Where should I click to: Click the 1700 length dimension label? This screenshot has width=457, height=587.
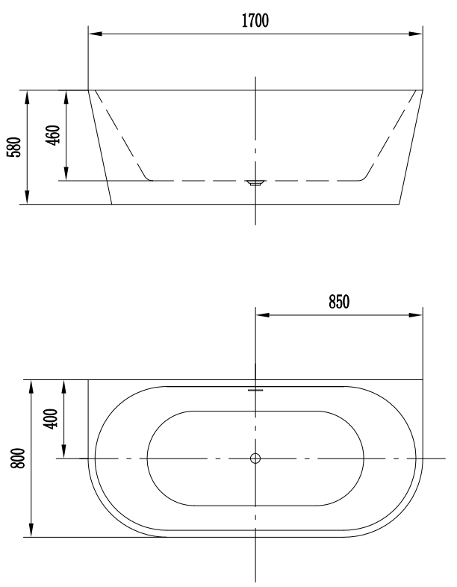[x=255, y=21]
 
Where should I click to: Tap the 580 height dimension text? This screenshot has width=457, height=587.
[x=15, y=147]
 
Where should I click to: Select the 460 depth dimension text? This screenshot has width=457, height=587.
[x=53, y=135]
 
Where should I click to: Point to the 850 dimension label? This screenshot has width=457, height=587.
[x=339, y=302]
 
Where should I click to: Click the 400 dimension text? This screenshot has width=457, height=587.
[x=51, y=419]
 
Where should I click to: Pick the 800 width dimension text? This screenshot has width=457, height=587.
[x=18, y=458]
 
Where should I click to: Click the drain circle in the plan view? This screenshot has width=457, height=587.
[x=255, y=459]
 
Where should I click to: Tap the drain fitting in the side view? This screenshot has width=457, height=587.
[x=255, y=183]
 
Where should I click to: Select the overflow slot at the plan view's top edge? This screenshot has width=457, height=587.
[x=255, y=390]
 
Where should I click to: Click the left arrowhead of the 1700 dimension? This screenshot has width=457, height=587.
[x=95, y=34]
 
